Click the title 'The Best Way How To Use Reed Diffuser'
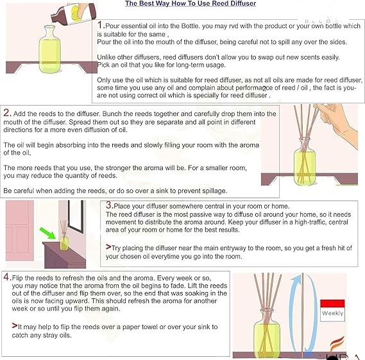click(x=191, y=3)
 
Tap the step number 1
click(x=100, y=25)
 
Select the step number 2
click(x=6, y=113)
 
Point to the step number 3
click(x=108, y=205)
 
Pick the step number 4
click(x=6, y=277)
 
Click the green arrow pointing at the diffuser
click(x=47, y=233)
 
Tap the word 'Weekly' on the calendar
click(x=332, y=313)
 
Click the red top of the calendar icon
click(x=332, y=304)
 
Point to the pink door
click(x=20, y=230)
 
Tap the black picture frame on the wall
click(x=76, y=216)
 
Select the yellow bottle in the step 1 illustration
click(x=49, y=49)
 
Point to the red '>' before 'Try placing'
click(x=108, y=246)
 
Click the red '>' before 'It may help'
click(x=15, y=325)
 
